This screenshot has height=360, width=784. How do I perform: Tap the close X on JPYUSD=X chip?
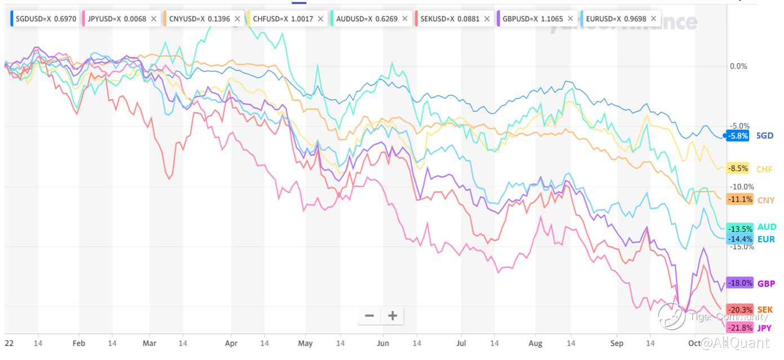154,19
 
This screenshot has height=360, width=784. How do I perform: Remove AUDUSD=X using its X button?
404,19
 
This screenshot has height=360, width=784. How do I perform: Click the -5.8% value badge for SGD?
737,136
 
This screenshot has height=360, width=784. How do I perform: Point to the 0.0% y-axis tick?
738,66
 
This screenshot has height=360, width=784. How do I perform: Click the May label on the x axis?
305,343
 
